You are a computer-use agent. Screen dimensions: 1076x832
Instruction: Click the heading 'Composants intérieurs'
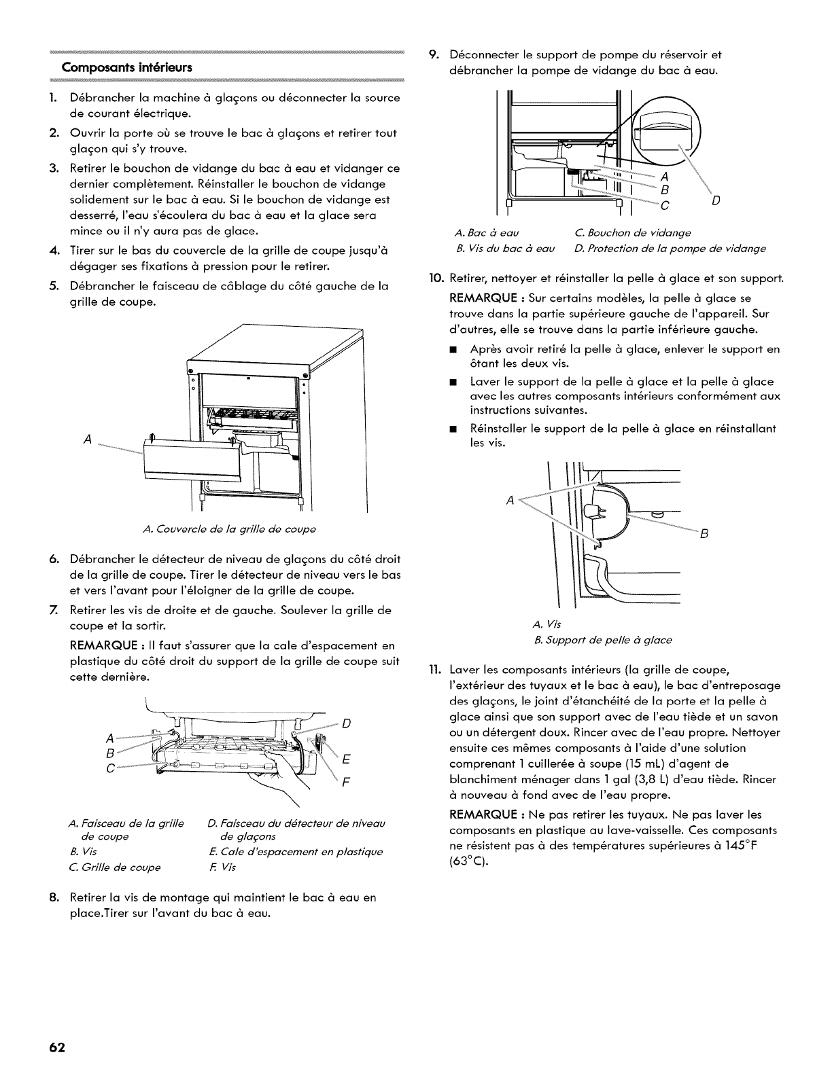(127, 67)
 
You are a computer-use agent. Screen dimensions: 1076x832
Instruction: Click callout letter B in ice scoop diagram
(704, 534)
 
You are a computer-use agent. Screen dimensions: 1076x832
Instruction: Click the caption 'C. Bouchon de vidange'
(632, 233)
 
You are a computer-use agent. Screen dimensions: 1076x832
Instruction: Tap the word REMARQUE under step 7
(99, 645)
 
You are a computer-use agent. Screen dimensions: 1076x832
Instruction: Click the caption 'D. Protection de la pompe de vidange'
(670, 249)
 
